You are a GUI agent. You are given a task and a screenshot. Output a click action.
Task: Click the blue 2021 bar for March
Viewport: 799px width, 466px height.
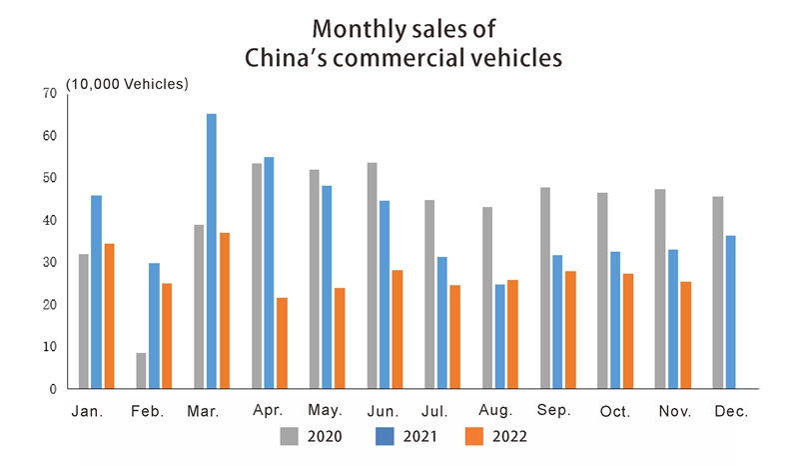(212, 251)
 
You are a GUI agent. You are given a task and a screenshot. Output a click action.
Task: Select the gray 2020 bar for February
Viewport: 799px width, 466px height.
(142, 370)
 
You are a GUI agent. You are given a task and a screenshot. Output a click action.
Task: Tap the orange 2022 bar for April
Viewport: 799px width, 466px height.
(282, 343)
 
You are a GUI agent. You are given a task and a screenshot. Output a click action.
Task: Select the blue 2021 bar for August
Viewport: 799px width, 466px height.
(499, 336)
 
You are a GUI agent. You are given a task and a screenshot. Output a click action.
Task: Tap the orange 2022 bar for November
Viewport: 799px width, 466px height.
(685, 335)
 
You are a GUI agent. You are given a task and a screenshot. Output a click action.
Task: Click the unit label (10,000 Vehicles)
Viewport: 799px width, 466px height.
(127, 84)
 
